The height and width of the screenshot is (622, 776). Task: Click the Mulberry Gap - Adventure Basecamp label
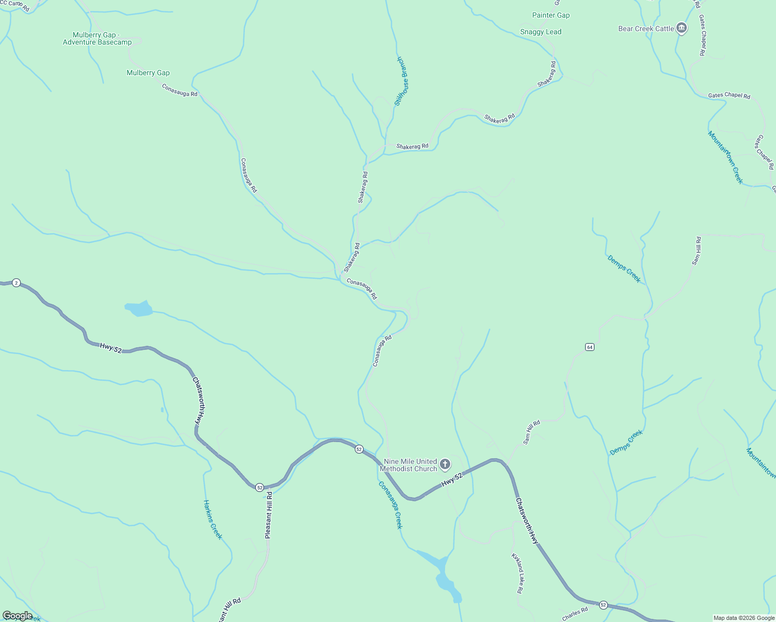click(x=97, y=39)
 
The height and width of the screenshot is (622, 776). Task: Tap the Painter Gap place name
click(x=551, y=16)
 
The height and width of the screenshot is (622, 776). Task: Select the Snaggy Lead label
click(x=541, y=32)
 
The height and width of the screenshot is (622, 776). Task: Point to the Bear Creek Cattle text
click(x=646, y=29)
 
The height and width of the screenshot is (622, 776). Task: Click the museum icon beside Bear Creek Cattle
click(x=682, y=29)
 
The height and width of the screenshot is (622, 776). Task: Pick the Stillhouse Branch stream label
click(x=402, y=81)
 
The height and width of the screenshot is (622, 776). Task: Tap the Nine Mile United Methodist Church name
click(x=409, y=465)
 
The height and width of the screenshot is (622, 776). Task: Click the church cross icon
click(x=445, y=463)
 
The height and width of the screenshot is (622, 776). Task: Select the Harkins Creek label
click(x=213, y=519)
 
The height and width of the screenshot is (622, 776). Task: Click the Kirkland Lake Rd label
click(x=518, y=573)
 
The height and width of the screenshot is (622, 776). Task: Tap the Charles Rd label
click(x=575, y=614)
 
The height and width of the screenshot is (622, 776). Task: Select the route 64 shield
click(x=590, y=347)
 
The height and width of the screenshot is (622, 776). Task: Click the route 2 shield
click(x=17, y=283)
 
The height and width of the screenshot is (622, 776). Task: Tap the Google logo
click(x=17, y=616)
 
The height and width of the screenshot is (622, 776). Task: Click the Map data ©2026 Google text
click(x=743, y=618)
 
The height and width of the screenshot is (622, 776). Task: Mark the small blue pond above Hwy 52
click(x=139, y=309)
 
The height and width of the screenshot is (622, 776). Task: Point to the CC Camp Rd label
click(x=16, y=5)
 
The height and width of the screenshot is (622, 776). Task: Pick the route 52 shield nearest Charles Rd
click(x=603, y=605)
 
